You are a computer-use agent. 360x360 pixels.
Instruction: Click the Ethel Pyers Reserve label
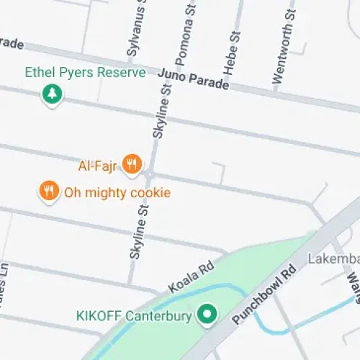(x=85, y=73)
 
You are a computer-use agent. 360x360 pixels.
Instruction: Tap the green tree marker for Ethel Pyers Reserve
(x=51, y=94)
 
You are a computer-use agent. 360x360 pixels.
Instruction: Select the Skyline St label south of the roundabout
(x=138, y=233)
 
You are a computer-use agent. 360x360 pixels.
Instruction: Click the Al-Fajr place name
(x=97, y=166)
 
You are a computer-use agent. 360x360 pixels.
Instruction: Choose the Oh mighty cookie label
(x=117, y=192)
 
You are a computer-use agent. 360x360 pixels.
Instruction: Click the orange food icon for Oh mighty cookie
(x=48, y=191)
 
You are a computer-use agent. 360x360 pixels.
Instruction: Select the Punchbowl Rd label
(x=265, y=296)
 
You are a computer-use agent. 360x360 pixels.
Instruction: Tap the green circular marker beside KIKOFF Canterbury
(x=208, y=314)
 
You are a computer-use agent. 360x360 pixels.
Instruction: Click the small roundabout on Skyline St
(x=149, y=175)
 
